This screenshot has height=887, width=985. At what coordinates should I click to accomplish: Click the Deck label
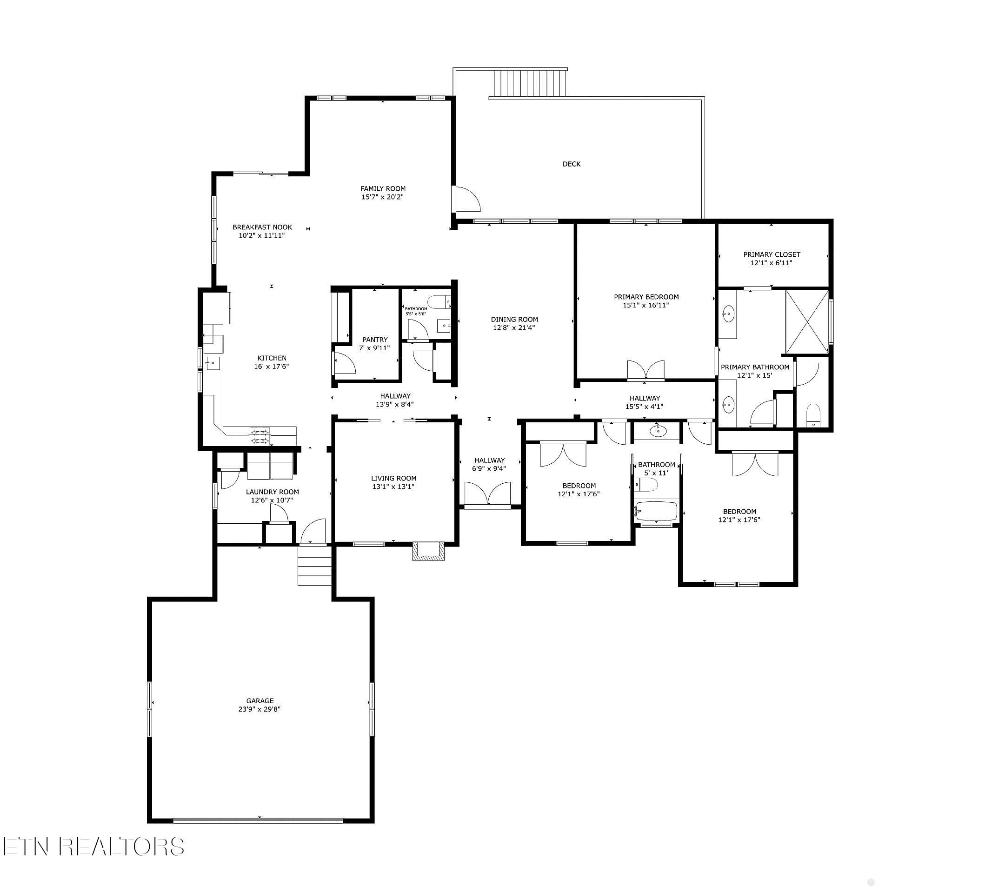pos(571,164)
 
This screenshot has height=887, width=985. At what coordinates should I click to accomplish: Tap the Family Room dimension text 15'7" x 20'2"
pos(383,197)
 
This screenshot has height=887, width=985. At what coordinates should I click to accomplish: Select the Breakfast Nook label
pos(262,227)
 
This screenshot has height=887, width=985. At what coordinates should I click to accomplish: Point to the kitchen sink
pos(213,363)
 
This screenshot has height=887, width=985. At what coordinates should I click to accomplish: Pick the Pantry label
pos(375,340)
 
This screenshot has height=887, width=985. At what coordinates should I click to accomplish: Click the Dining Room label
pos(514,320)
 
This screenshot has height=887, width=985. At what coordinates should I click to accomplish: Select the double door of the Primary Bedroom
pos(646,370)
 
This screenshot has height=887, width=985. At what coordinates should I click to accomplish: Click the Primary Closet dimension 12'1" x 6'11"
pos(771,263)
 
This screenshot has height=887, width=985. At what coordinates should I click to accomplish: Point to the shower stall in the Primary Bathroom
pos(806,322)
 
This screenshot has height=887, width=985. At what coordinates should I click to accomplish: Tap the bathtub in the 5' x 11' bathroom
pos(657,512)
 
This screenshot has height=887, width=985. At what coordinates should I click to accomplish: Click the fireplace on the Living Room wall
pos(428,551)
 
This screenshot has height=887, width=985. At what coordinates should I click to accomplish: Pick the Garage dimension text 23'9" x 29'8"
pos(260,709)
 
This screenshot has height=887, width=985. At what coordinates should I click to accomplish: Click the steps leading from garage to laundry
pos(314,565)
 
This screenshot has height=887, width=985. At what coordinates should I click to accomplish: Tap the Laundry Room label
pos(273,492)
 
